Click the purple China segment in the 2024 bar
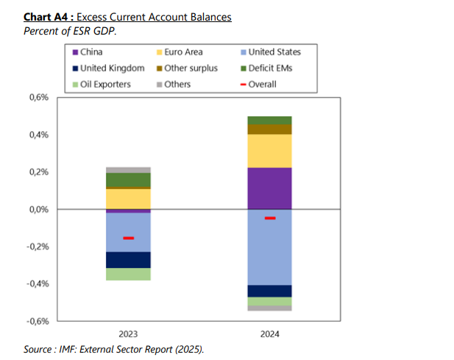click(269, 188)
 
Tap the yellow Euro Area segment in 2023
click(128, 199)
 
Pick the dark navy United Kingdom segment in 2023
click(128, 260)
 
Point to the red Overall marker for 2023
click(128, 238)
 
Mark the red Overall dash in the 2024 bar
click(270, 218)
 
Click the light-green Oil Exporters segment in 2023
click(128, 274)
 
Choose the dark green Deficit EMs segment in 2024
click(269, 121)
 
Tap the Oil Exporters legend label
click(105, 84)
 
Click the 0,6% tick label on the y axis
click(37, 98)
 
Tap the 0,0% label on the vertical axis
click(37, 210)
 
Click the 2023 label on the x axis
click(128, 333)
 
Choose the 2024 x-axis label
click(269, 333)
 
